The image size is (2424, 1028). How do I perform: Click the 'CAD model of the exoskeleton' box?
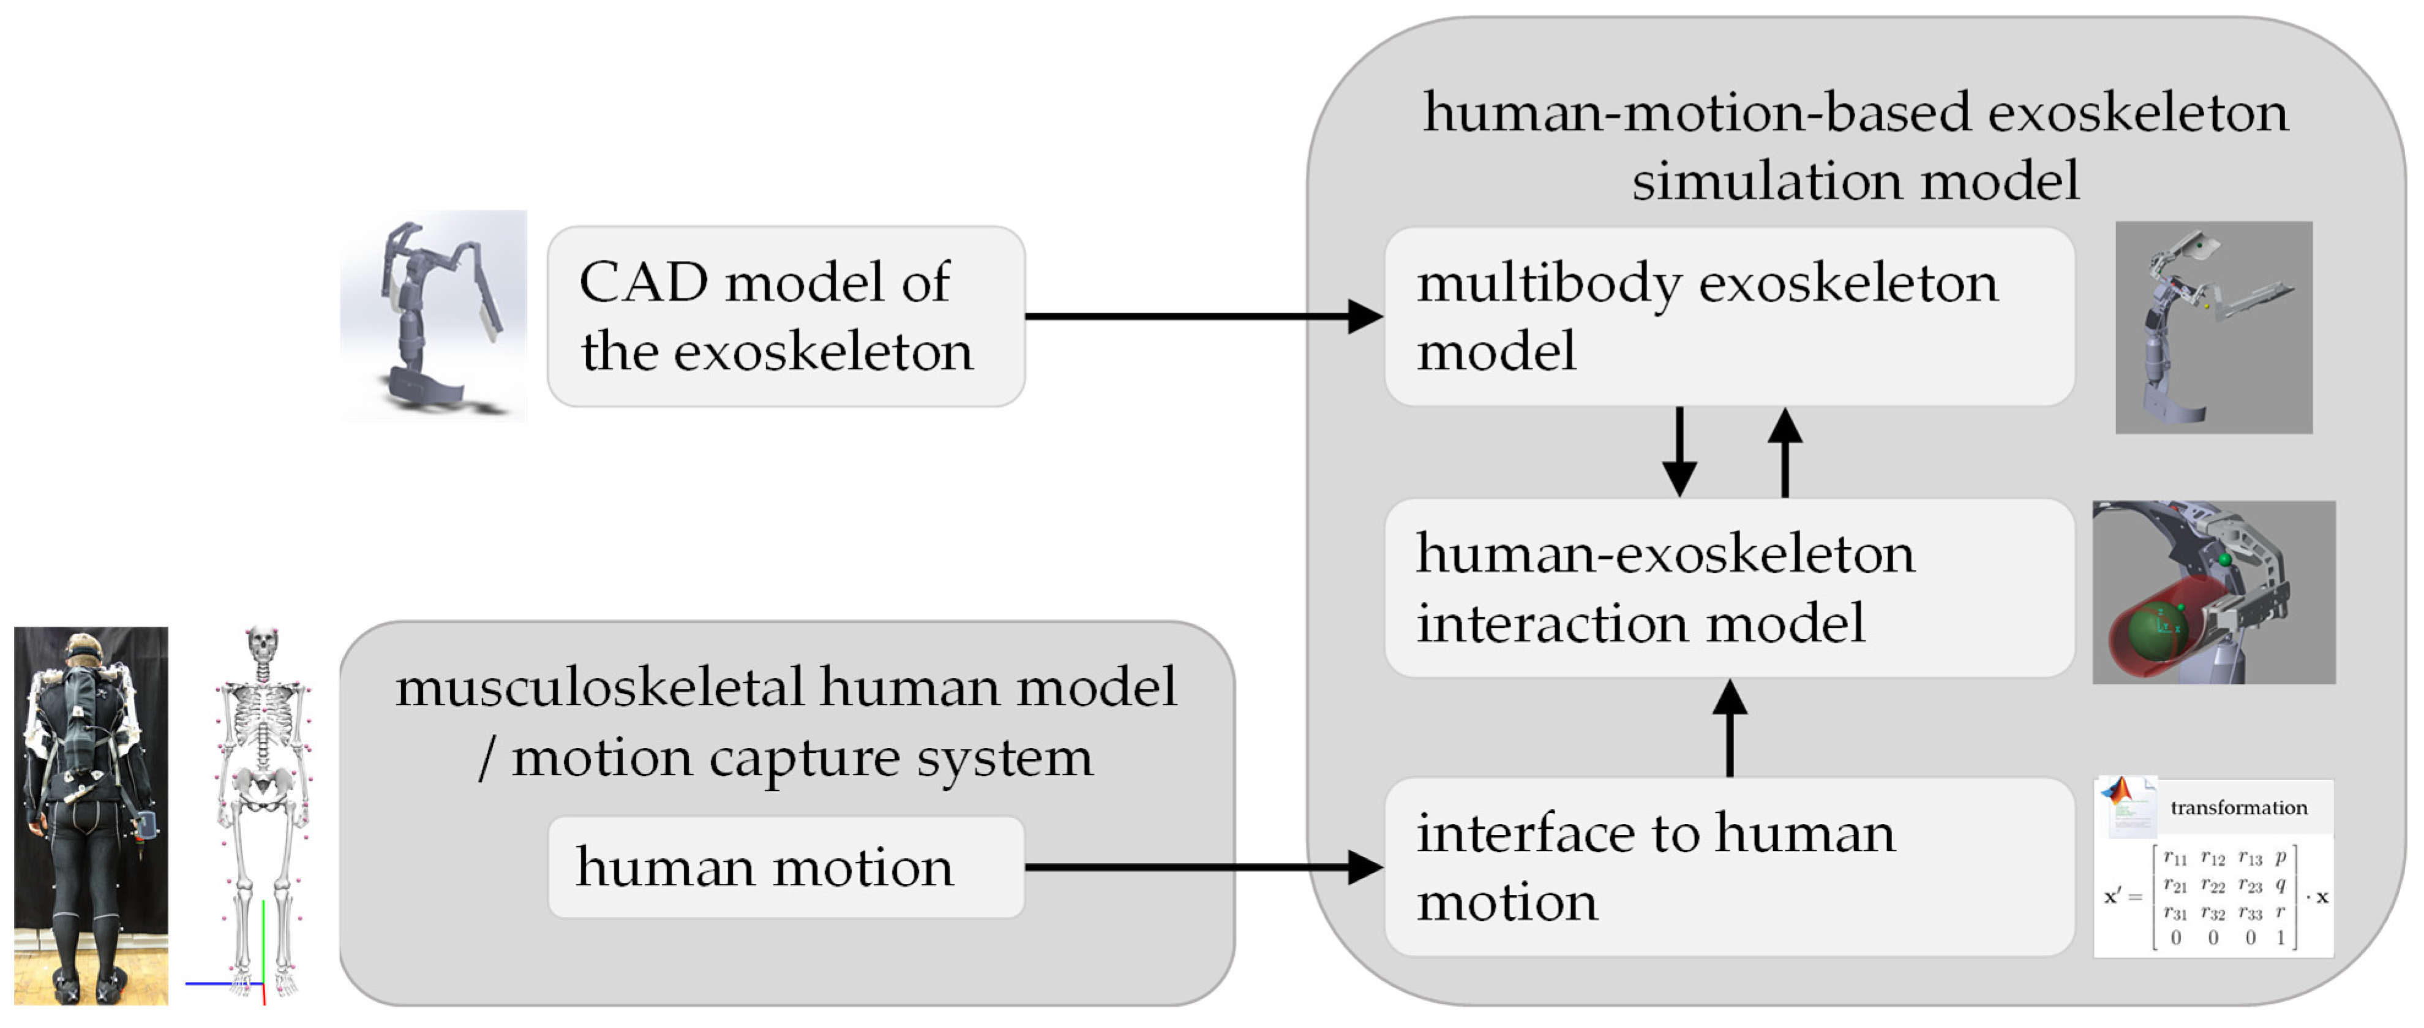(785, 316)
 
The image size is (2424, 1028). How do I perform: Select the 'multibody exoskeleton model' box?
(1728, 316)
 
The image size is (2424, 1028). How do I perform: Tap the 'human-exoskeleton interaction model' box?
(1728, 588)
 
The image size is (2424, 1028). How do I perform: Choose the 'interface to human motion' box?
(1728, 867)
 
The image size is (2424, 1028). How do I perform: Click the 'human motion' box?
(785, 867)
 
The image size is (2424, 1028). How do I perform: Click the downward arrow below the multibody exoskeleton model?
(1679, 452)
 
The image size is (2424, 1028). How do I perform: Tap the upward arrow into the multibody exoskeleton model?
(1784, 452)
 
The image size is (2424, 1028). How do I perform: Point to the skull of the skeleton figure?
(263, 646)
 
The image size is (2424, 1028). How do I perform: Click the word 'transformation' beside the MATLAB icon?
(2238, 807)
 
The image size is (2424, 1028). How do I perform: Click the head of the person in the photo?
(84, 649)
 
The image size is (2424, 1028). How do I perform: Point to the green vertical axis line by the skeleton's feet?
(263, 942)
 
